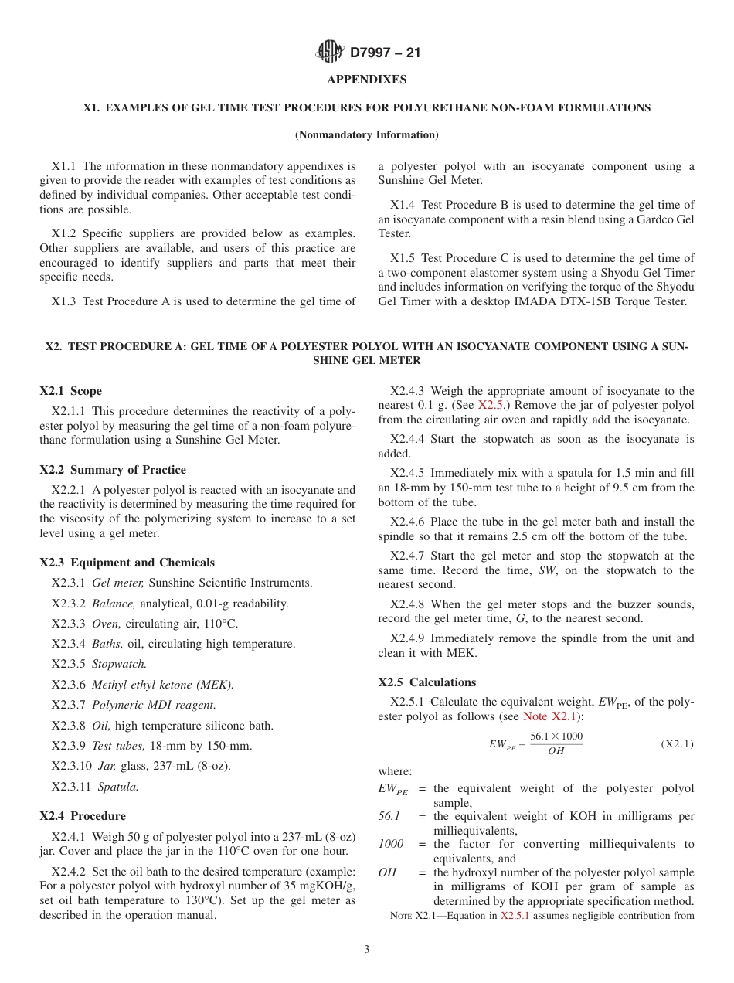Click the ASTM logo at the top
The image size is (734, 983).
[x=330, y=53]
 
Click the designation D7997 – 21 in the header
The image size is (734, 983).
[x=385, y=53]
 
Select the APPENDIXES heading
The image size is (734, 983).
[x=366, y=80]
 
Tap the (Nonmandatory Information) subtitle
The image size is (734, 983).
[x=366, y=135]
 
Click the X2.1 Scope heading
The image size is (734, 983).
[x=70, y=391]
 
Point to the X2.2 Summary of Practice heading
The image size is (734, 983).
[x=113, y=470]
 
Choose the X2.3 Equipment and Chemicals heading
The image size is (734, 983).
[x=127, y=563]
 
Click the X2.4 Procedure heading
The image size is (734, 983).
[x=82, y=816]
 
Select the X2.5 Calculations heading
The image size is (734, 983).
[x=426, y=682]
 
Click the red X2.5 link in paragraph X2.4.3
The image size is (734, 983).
[x=491, y=405]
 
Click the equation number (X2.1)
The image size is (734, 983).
[x=677, y=744]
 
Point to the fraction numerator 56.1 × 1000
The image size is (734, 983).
[x=556, y=736]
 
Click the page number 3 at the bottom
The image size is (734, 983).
[x=366, y=950]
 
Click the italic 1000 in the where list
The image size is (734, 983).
[x=390, y=844]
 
